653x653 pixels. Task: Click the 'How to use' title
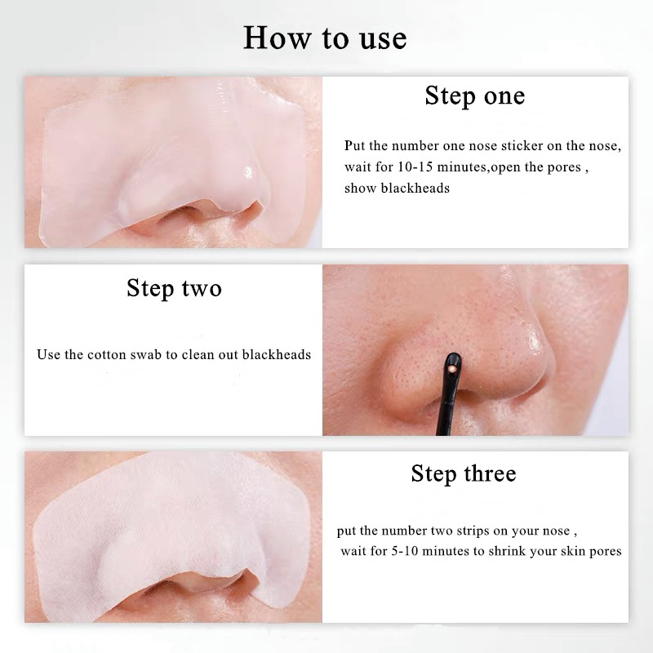(325, 38)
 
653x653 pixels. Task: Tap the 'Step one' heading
(475, 96)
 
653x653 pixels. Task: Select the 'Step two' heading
(174, 288)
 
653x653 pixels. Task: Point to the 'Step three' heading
(464, 473)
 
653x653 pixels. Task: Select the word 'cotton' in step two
(107, 355)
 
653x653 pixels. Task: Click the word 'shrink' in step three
(507, 551)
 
